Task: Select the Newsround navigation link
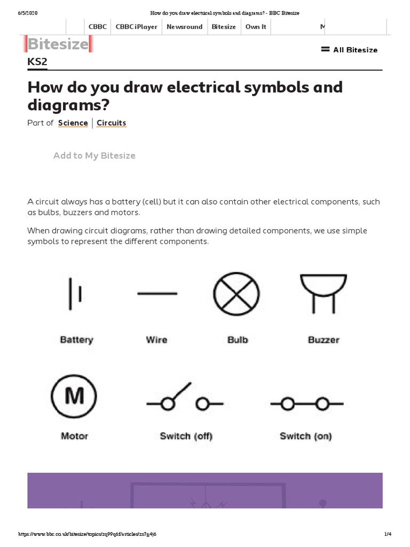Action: tap(184, 27)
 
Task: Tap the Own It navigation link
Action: tap(255, 27)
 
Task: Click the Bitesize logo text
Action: tap(58, 44)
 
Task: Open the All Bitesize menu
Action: tap(349, 50)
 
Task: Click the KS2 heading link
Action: tap(37, 62)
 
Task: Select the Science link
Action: tap(73, 123)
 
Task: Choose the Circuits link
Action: tap(111, 123)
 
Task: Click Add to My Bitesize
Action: tap(94, 155)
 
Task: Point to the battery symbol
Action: tap(74, 293)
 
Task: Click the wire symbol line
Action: tap(157, 293)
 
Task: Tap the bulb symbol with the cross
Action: tap(236, 294)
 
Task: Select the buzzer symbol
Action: tap(324, 293)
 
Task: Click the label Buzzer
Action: tap(324, 340)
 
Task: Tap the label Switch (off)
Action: tap(186, 436)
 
